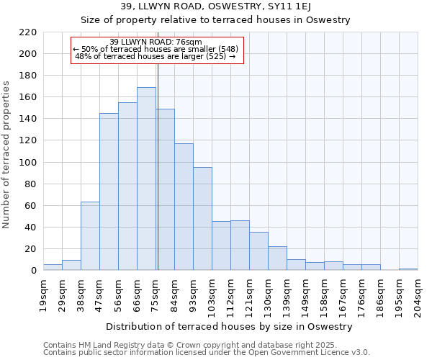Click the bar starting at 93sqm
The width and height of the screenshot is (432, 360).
202,219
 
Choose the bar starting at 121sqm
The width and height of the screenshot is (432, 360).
258,251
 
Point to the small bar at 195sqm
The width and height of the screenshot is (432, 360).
408,269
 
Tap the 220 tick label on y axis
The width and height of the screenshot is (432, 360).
28,32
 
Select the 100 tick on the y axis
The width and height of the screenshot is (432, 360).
28,163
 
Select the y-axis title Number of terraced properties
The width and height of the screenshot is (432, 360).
6,154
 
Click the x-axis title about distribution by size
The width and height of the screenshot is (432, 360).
230,326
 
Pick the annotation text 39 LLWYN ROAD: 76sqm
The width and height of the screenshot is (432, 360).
156,42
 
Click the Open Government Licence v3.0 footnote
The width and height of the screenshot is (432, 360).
207,352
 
